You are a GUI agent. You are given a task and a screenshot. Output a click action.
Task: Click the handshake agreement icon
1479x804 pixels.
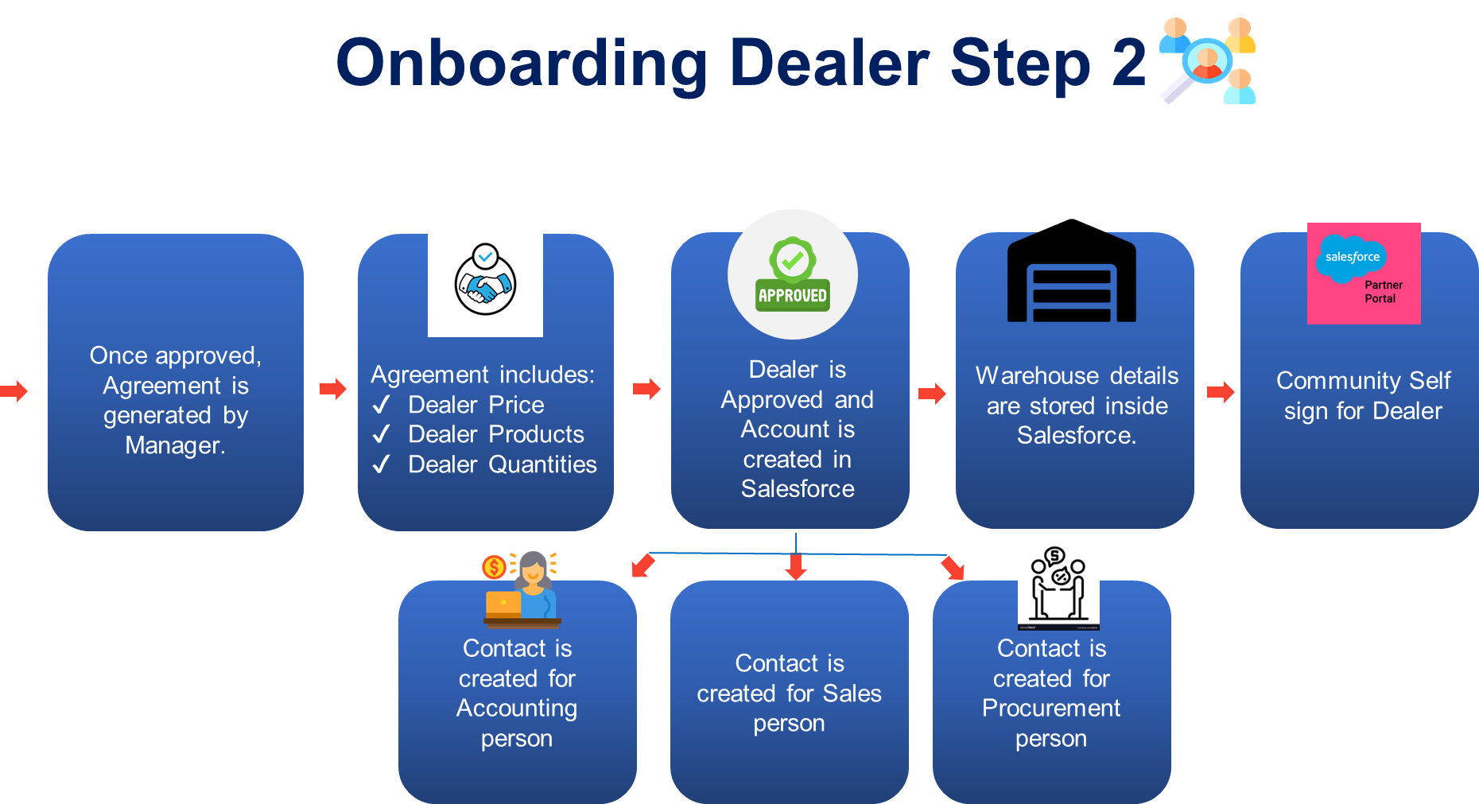[485, 279]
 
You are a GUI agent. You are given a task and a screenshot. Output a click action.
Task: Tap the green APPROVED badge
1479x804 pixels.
[793, 274]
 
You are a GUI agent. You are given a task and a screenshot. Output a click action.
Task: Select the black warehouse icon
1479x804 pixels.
[1071, 278]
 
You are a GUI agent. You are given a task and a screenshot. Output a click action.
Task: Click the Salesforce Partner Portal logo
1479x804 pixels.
[1364, 273]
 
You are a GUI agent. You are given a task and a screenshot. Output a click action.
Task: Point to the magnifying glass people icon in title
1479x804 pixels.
[1208, 61]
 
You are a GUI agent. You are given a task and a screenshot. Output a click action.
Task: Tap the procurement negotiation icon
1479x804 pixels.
[1058, 585]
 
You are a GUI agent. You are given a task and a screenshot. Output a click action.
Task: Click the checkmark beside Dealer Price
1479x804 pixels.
[382, 405]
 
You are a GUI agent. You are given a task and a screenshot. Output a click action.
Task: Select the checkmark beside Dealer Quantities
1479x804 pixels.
[382, 464]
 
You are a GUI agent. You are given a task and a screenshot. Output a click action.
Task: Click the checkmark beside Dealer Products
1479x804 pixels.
[382, 434]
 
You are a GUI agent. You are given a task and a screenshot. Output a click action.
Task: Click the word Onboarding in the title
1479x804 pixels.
[521, 64]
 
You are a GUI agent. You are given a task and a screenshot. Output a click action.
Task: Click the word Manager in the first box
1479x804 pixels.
[174, 445]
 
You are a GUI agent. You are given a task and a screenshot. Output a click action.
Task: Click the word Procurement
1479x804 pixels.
[1050, 708]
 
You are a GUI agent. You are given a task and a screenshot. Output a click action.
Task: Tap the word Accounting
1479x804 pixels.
[517, 708]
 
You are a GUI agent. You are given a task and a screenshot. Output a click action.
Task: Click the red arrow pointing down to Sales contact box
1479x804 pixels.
[796, 568]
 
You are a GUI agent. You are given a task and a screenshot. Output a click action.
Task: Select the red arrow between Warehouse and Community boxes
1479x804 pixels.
[1221, 392]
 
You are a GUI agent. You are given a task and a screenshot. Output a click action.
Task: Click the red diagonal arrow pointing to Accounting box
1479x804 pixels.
[642, 565]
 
